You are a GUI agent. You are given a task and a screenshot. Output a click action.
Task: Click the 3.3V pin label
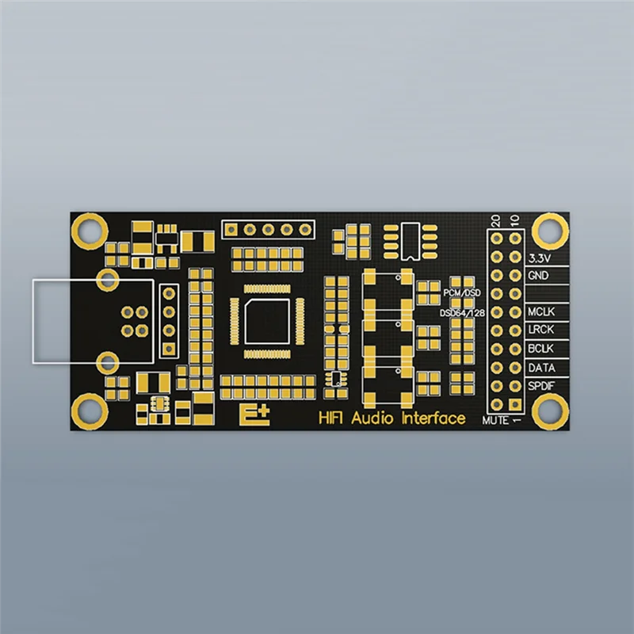click(x=540, y=258)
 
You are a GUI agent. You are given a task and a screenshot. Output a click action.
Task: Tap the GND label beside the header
click(x=538, y=276)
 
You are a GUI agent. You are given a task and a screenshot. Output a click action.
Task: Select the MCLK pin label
click(x=541, y=312)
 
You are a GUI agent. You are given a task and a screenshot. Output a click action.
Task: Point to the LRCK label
click(x=541, y=330)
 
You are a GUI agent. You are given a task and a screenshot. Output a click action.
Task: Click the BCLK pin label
click(x=541, y=349)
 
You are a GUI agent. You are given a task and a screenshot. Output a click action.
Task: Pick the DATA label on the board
click(x=541, y=368)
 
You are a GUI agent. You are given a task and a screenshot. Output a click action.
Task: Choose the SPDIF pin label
click(x=542, y=386)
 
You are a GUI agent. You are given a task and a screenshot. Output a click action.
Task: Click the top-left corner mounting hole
click(x=88, y=230)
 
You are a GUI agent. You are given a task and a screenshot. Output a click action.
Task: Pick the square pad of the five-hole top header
click(x=231, y=230)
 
